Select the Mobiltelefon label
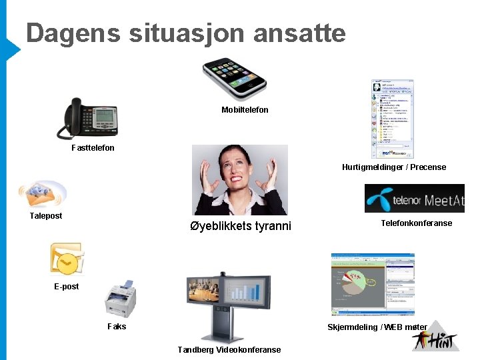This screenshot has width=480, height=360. (x=245, y=109)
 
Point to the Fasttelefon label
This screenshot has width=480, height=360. (x=93, y=147)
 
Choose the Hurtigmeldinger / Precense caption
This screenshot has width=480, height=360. (x=394, y=167)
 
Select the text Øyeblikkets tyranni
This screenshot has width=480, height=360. (x=241, y=225)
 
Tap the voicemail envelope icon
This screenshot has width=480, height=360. (x=42, y=194)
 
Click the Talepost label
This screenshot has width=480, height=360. (x=46, y=215)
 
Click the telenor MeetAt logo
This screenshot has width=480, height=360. (x=414, y=199)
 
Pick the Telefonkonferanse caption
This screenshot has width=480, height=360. (x=416, y=223)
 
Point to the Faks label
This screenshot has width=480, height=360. (x=117, y=327)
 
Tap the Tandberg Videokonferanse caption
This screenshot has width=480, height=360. (x=229, y=349)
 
